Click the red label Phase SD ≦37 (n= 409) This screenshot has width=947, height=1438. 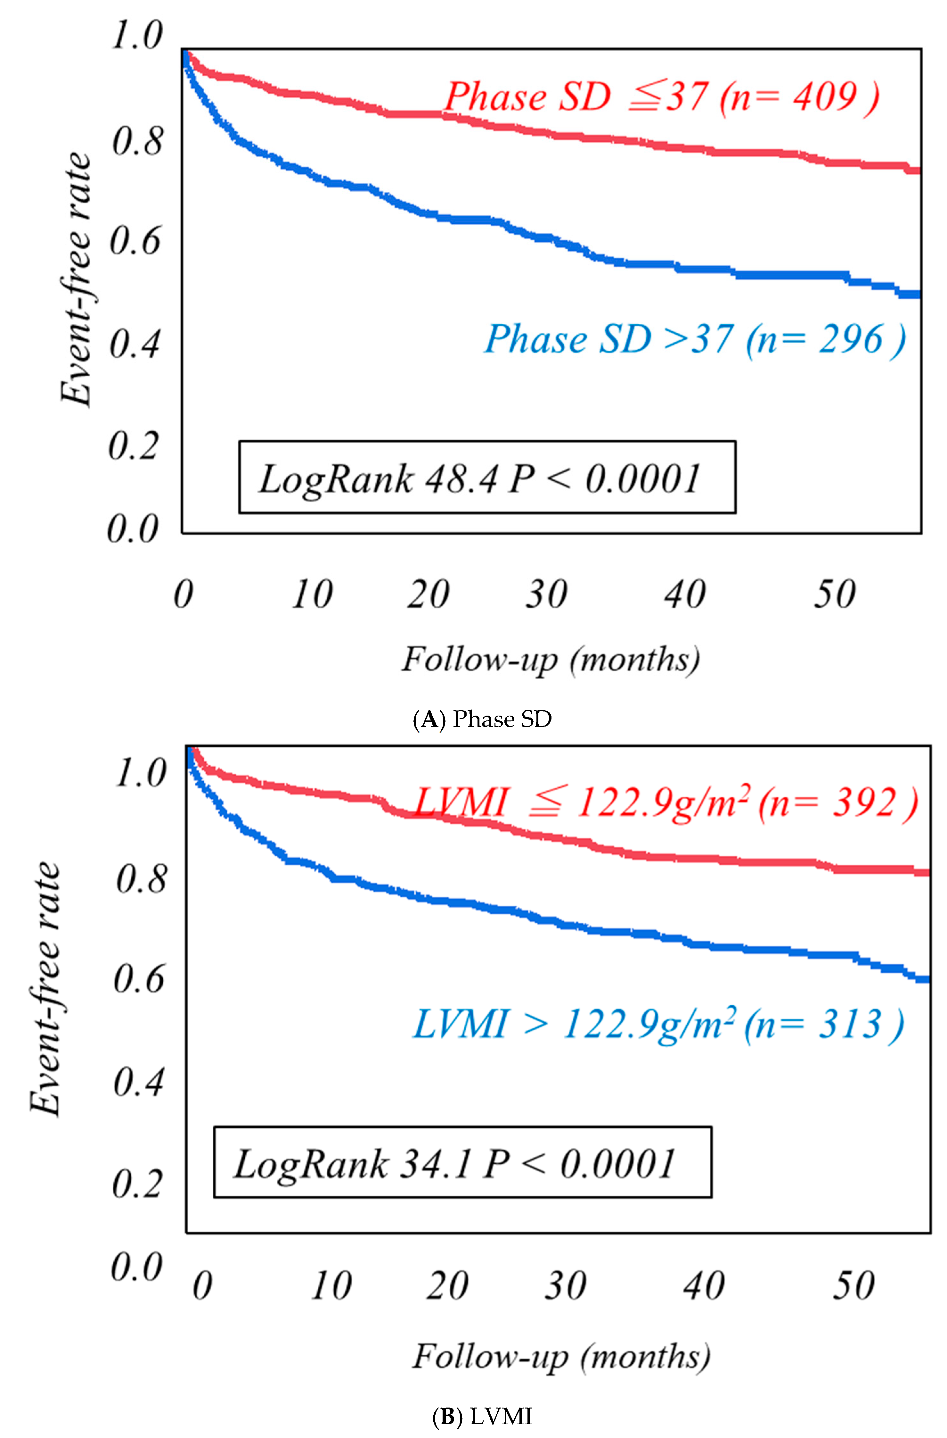[661, 97]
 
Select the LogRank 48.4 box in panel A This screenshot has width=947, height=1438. [487, 477]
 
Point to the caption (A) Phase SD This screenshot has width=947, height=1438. [482, 719]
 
